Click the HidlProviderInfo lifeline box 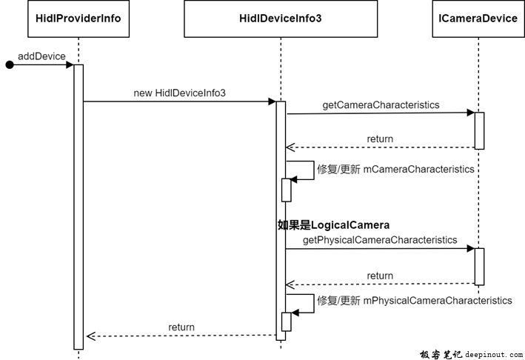(78, 18)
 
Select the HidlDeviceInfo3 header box (281, 18)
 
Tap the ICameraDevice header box (478, 18)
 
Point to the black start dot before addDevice (9, 65)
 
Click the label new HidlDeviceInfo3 (179, 93)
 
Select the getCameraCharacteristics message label (381, 105)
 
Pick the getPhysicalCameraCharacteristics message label (380, 240)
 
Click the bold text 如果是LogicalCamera (333, 224)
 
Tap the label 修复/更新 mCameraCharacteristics (395, 169)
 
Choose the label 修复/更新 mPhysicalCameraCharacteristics (414, 301)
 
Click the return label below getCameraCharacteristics (380, 139)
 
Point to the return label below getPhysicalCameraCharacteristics (380, 276)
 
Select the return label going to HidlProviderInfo (181, 327)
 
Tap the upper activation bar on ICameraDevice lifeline (479, 130)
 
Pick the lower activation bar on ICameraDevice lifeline (479, 267)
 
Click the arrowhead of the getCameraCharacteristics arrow (470, 113)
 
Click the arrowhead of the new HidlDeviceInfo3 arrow (272, 102)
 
